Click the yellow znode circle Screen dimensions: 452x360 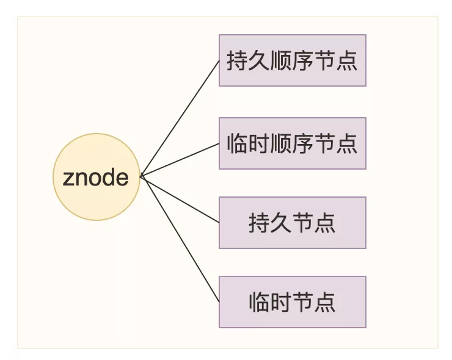[97, 177]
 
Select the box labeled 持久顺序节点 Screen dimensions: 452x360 [293, 60]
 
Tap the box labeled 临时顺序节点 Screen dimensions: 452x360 [293, 143]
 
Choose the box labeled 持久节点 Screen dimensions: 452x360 [293, 223]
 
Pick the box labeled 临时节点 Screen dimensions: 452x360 [293, 302]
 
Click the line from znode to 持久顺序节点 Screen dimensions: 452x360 [180, 118]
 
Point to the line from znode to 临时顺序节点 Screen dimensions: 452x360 [180, 159]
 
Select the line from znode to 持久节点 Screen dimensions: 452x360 [180, 200]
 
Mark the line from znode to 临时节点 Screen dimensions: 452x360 [180, 239]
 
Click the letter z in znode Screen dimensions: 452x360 [68, 178]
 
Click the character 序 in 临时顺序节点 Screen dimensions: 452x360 [302, 143]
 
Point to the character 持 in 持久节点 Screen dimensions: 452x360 [259, 223]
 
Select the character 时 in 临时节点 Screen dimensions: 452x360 [281, 302]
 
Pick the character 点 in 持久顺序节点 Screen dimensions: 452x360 [347, 60]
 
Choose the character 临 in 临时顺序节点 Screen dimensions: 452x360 [237, 143]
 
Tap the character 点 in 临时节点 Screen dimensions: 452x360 [325, 302]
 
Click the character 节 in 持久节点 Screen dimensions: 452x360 [303, 223]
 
